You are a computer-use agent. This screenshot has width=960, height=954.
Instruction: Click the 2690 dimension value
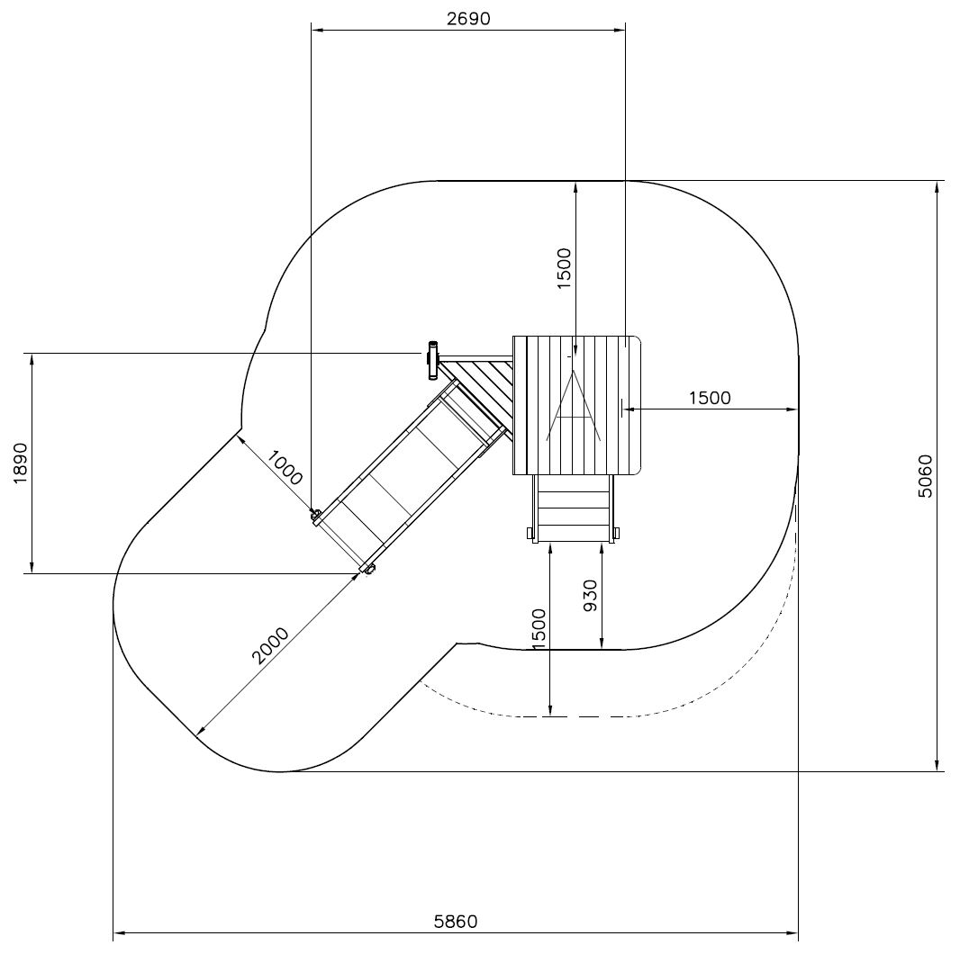[x=468, y=18]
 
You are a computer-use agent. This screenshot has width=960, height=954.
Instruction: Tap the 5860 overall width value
[x=456, y=922]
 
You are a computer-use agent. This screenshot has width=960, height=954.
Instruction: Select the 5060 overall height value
[x=925, y=478]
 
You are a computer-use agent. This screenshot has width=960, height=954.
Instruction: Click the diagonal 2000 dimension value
[x=270, y=645]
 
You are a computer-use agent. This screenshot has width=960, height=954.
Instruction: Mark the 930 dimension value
[x=591, y=596]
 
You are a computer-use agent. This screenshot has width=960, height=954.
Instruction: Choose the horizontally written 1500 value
[x=710, y=398]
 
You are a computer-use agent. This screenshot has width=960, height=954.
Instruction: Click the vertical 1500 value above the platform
[x=564, y=267]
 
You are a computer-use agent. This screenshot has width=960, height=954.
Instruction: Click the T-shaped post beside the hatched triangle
[x=433, y=360]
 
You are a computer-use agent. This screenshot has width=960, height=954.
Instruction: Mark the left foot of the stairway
[x=532, y=535]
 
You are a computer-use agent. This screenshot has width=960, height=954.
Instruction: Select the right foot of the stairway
[x=615, y=535]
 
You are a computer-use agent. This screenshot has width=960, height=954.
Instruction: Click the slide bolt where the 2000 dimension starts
[x=367, y=568]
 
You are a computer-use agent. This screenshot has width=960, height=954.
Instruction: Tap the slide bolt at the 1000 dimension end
[x=316, y=515]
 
